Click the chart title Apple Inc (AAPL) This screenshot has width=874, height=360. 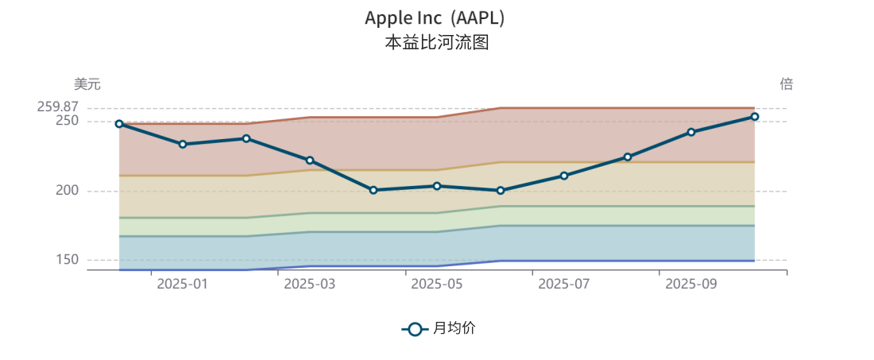pos(435,17)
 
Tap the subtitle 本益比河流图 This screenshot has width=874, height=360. pos(436,42)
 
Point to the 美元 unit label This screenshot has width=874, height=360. pos(87,84)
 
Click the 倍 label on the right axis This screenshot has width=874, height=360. pos(786,84)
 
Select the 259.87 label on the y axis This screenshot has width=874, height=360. pos(58,107)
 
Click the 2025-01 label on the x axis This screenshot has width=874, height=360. pos(183,285)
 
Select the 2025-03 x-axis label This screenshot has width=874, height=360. pos(310,285)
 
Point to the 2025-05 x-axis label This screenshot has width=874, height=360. pos(437,285)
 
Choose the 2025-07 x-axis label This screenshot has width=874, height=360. pos(564,285)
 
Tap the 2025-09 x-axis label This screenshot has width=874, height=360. pos(691,285)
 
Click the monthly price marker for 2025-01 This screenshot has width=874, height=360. pos(183,144)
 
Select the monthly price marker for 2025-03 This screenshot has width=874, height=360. pos(310,161)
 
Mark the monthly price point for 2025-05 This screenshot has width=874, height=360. pos(437,186)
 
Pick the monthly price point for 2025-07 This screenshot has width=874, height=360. pos(564,176)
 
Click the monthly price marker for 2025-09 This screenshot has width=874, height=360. pos(691,132)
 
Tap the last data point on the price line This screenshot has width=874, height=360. pos(755,117)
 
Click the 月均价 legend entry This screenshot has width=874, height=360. pos(439,328)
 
